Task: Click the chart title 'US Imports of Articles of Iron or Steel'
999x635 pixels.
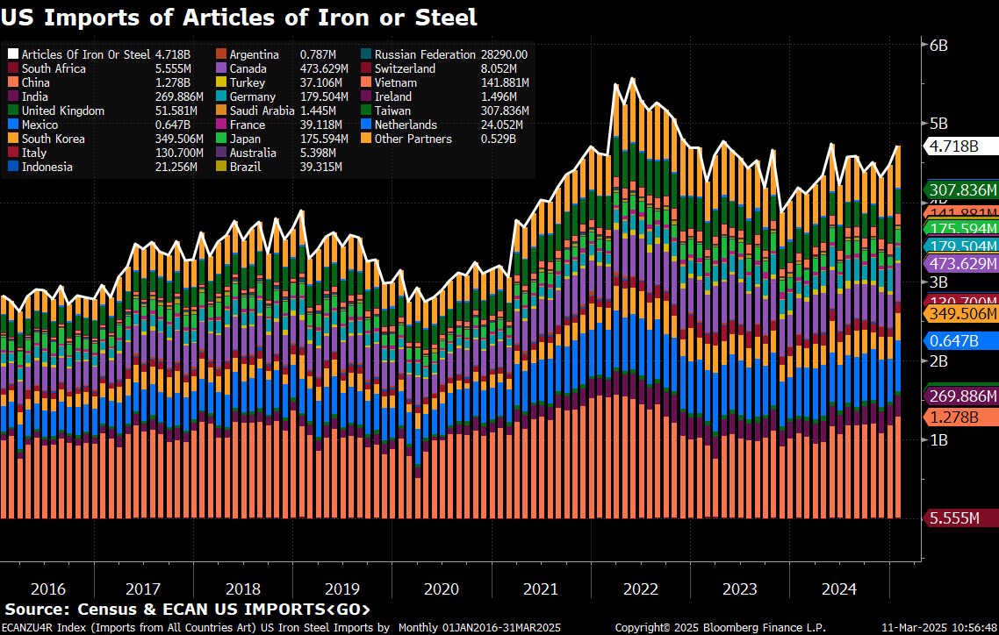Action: (x=240, y=16)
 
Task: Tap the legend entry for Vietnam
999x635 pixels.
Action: (x=395, y=82)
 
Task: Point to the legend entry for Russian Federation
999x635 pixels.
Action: (x=425, y=54)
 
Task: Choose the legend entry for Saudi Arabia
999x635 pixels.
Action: (x=262, y=111)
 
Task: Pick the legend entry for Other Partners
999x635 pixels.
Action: (x=413, y=139)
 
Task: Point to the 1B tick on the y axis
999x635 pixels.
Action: (x=938, y=439)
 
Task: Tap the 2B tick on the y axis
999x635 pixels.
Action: (x=938, y=360)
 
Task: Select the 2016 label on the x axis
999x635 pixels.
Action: (x=47, y=588)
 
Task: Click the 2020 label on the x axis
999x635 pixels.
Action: (x=442, y=588)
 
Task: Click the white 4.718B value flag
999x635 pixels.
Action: (x=962, y=146)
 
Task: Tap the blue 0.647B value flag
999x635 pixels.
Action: (x=962, y=340)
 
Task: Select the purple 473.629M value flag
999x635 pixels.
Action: (x=962, y=263)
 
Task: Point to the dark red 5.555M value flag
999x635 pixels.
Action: (x=962, y=518)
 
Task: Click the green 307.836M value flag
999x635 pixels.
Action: (x=962, y=189)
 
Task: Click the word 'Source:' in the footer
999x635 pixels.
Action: (x=37, y=609)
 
